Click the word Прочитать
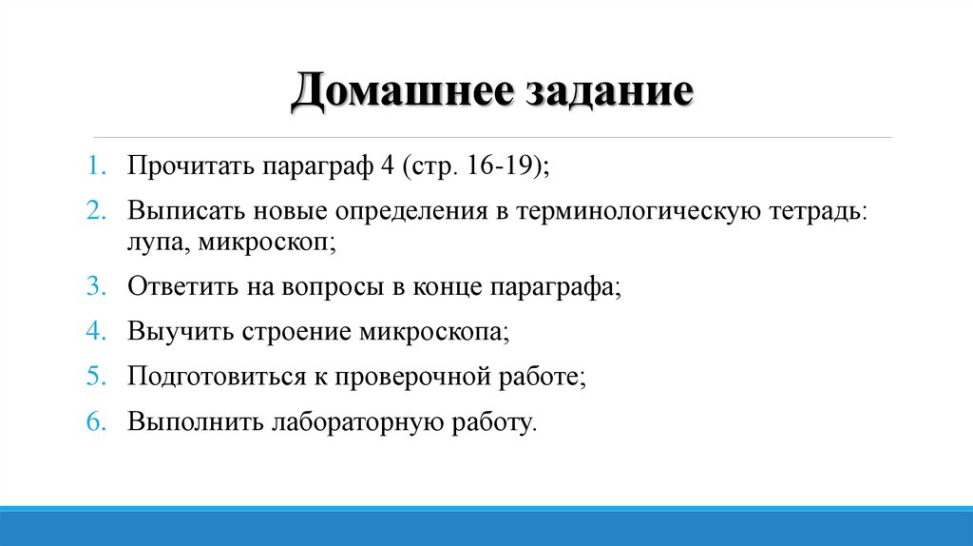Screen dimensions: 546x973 [x=185, y=167]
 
